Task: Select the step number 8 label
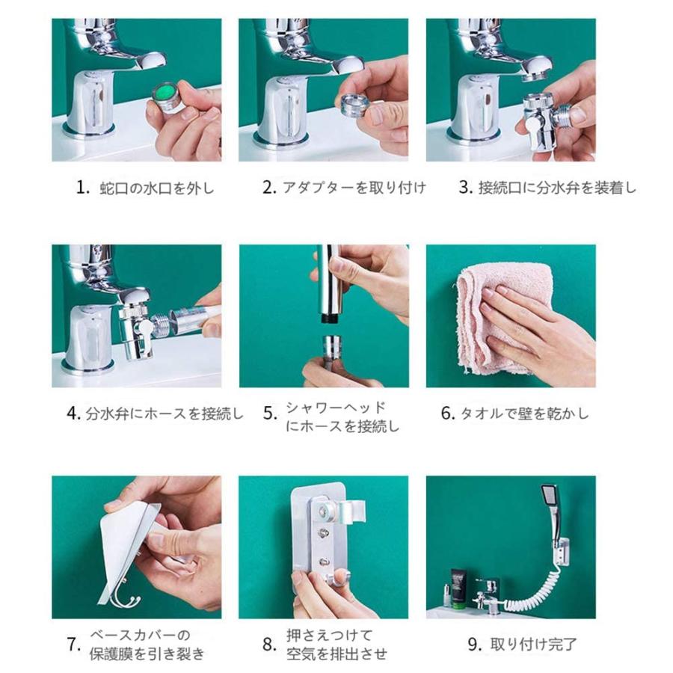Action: [269, 645]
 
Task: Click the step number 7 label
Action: [73, 645]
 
